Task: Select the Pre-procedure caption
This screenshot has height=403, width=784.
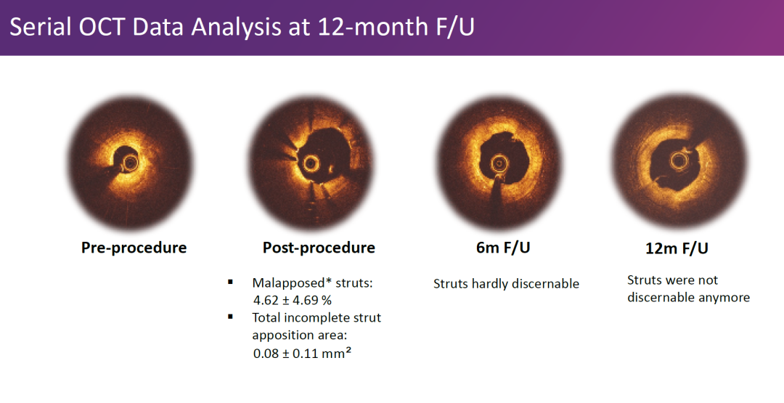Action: tap(134, 248)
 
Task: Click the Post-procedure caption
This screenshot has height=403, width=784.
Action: tap(319, 248)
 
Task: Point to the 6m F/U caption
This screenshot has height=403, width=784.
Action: tap(503, 248)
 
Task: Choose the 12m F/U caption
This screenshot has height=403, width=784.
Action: tap(677, 248)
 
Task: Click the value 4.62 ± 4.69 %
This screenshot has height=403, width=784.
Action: tap(293, 301)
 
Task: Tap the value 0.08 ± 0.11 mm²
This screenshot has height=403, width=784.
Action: tap(302, 353)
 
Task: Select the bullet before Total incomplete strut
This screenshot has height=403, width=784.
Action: tap(231, 317)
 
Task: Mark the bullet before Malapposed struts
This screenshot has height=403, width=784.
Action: tap(231, 282)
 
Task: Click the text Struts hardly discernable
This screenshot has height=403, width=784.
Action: tap(506, 284)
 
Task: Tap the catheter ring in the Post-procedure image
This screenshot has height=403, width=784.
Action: tap(310, 163)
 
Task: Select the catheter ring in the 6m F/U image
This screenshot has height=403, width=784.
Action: tap(499, 163)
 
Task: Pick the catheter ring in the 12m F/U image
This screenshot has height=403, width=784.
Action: tap(679, 161)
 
